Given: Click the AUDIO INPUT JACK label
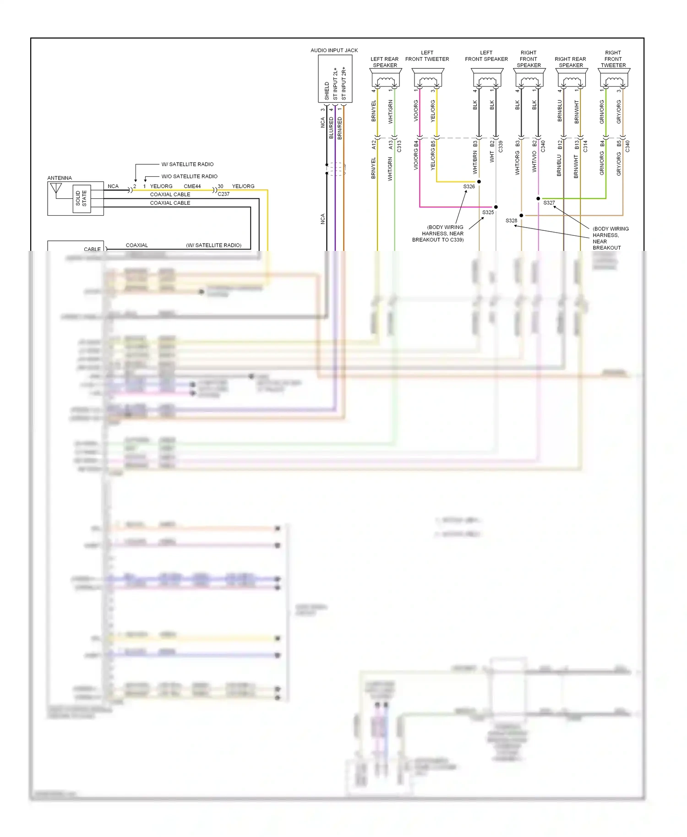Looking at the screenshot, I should [334, 50].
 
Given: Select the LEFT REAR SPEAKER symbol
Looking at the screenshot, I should [386, 78].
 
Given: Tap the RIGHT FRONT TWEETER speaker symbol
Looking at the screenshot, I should [614, 78].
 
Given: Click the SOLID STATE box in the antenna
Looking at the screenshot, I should [82, 199].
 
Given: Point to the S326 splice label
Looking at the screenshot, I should [469, 186].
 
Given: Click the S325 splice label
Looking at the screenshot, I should [488, 212].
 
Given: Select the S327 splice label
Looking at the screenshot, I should [549, 203].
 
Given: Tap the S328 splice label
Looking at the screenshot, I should [511, 221].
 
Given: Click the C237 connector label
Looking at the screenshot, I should [224, 194].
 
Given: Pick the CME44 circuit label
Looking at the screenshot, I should [192, 186].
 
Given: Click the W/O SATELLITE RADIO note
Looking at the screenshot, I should [189, 176].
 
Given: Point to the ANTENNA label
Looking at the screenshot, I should [60, 178].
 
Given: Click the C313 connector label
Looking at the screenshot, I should [399, 147].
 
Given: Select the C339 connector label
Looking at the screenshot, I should [500, 147].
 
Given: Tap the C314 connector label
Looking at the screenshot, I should [585, 147].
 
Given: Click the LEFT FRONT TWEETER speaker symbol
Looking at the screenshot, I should [428, 78].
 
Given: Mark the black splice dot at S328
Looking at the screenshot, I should [521, 215].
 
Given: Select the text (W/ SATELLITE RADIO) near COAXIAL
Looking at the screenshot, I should [213, 245].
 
